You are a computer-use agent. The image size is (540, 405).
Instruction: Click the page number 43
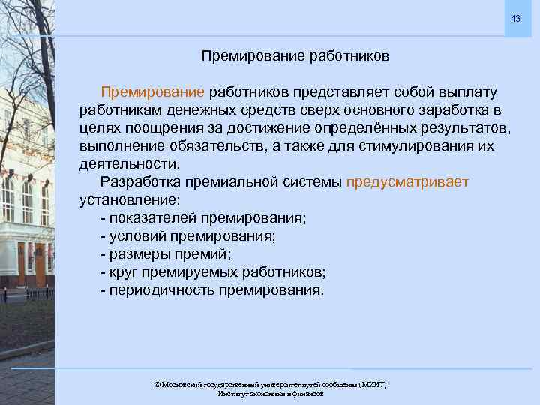[514, 18]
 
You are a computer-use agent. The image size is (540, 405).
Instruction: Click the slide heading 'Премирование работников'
[295, 56]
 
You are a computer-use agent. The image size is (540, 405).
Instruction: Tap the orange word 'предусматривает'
[407, 182]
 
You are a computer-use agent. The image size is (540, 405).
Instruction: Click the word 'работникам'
[118, 109]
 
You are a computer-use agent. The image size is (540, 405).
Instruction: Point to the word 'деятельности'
[128, 163]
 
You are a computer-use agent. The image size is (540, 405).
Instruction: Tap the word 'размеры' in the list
[137, 254]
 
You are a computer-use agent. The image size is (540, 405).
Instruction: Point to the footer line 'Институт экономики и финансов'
[270, 394]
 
